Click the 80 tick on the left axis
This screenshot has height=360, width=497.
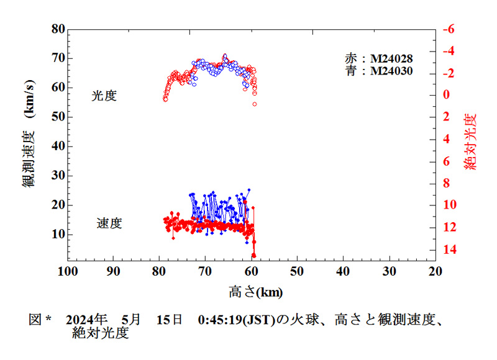pos(58,29)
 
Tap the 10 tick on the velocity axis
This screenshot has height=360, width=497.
pos(58,234)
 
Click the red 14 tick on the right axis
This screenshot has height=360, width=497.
pos(447,249)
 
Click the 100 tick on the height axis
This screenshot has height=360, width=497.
pos(67,271)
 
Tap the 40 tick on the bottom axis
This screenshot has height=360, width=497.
pos(343,271)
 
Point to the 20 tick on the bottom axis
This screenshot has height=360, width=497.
pos(435,271)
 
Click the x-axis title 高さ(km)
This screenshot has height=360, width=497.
pos(251,290)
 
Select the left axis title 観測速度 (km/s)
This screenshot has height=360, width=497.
pos(29,142)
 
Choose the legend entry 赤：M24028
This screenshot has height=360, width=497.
pos(379,58)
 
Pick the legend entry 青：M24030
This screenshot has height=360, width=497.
pos(379,71)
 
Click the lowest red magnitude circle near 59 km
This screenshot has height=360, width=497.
pos(255,104)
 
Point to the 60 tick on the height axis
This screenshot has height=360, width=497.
pos(251,271)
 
